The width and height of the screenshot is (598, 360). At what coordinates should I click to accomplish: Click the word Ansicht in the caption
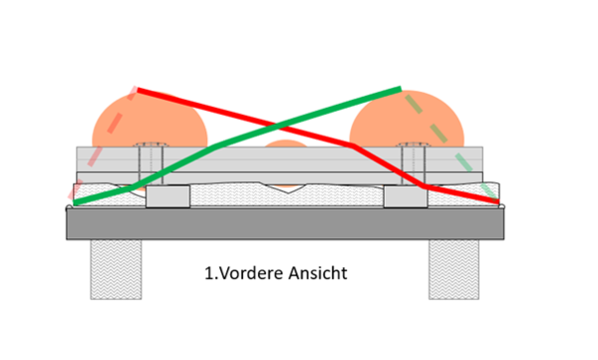point(317,273)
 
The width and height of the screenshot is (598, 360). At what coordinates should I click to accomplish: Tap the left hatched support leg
point(116,269)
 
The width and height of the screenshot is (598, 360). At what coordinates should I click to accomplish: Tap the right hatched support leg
point(453,269)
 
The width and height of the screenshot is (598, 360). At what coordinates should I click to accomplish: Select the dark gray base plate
point(285,223)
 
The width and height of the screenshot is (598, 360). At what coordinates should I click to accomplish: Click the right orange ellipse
point(407,119)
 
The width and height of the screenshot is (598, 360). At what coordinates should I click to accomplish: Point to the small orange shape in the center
point(285,144)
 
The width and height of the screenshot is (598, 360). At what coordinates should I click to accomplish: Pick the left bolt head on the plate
point(151,145)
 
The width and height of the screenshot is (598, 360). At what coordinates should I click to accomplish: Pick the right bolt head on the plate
point(415,145)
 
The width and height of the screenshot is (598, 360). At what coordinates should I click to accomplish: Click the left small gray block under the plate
point(167,196)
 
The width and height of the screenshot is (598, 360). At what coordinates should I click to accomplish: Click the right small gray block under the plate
point(406,196)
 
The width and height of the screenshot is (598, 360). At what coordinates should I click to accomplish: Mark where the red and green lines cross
point(278,126)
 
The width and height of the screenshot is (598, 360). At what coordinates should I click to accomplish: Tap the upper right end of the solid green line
point(401,90)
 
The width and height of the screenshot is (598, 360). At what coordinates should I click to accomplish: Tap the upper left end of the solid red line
point(139,90)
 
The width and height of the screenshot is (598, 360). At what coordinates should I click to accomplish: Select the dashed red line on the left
point(102,144)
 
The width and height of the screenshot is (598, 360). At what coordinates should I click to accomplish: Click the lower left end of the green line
point(75,202)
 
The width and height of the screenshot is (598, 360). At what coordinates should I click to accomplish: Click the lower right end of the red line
point(498,201)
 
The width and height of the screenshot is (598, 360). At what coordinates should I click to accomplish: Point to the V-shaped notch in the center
point(288,188)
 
